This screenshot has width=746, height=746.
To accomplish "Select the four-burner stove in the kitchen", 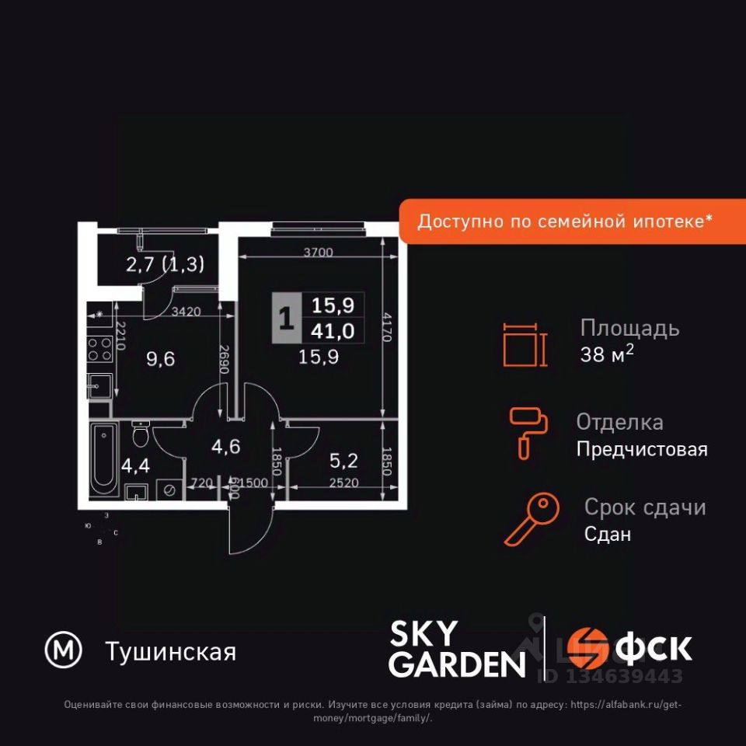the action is (x=99, y=349).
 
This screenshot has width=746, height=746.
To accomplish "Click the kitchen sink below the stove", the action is (x=99, y=384).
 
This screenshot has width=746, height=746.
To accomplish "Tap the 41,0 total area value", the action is (x=333, y=331).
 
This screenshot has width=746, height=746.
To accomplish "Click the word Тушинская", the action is (x=169, y=651).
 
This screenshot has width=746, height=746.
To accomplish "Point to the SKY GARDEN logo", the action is (x=456, y=649).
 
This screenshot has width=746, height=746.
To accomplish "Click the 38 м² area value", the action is (x=607, y=355).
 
